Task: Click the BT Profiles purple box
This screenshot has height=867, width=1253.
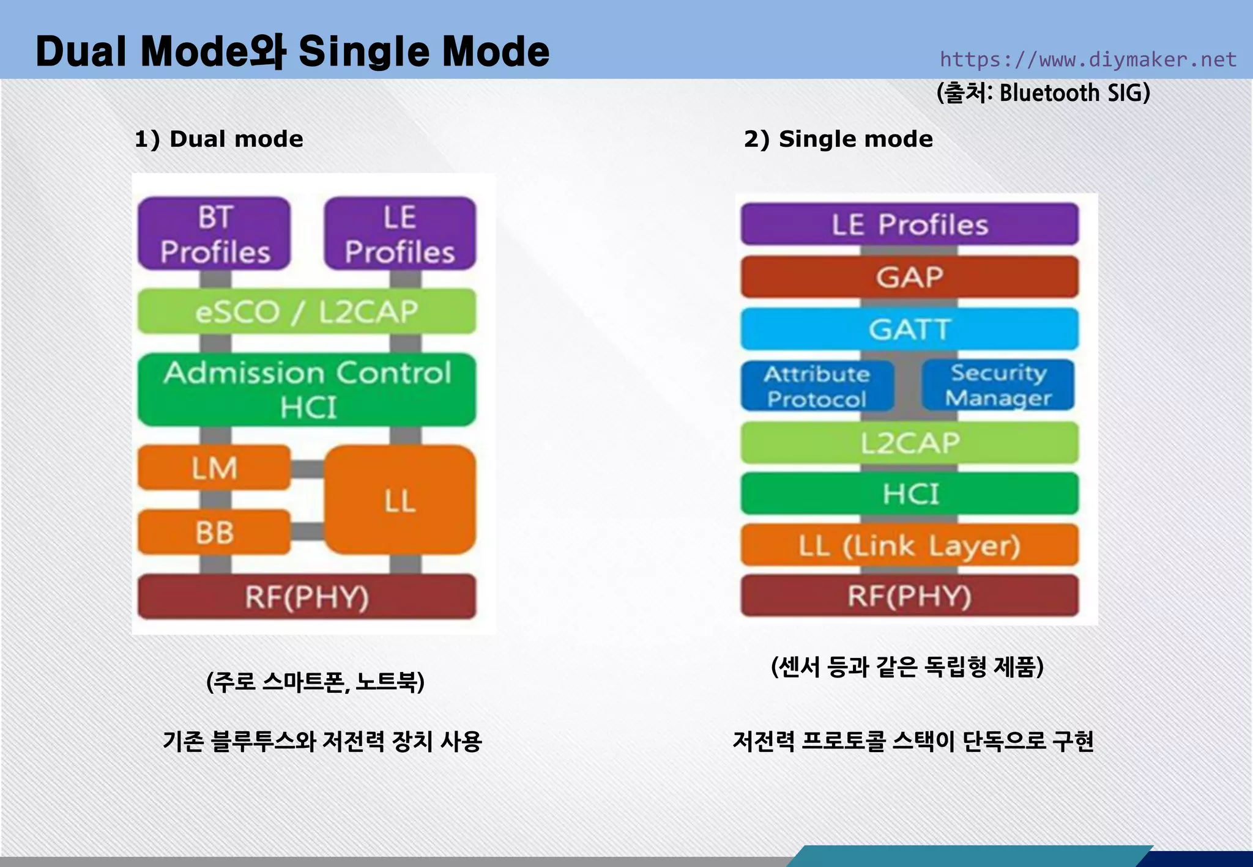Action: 214,234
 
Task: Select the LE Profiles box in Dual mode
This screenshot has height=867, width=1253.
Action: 400,234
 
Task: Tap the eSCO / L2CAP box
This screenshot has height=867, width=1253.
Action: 307,312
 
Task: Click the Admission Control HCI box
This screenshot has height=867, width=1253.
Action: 307,389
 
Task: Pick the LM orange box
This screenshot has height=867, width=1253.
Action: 214,468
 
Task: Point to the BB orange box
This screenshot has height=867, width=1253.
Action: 214,532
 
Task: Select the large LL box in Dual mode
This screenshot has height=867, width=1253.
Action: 400,500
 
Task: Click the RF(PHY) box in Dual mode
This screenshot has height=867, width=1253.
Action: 307,597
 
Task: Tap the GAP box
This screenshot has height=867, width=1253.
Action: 909,277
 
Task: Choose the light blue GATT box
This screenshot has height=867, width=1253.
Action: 909,329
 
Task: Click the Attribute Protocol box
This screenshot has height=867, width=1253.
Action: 817,386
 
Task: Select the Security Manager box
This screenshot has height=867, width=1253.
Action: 998,385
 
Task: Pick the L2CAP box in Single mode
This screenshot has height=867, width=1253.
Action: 909,443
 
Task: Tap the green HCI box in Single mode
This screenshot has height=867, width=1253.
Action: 909,493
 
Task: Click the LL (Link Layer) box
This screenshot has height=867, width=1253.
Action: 909,545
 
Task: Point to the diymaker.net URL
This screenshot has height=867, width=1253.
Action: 1088,59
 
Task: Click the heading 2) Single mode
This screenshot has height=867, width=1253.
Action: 838,139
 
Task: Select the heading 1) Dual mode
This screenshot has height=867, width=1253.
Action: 218,139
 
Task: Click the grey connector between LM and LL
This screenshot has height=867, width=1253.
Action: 307,469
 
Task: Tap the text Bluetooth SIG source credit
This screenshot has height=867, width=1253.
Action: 1043,93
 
